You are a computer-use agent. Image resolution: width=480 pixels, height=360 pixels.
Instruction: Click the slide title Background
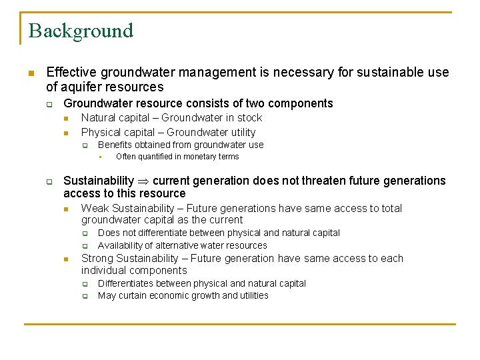point(81,31)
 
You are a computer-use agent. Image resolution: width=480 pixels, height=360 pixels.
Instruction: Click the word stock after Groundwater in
point(249,118)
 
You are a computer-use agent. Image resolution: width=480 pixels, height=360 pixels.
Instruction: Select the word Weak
point(95,209)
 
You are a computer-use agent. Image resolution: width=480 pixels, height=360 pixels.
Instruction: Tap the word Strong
point(97,259)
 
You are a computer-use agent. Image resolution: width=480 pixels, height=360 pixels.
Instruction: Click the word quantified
point(156,157)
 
